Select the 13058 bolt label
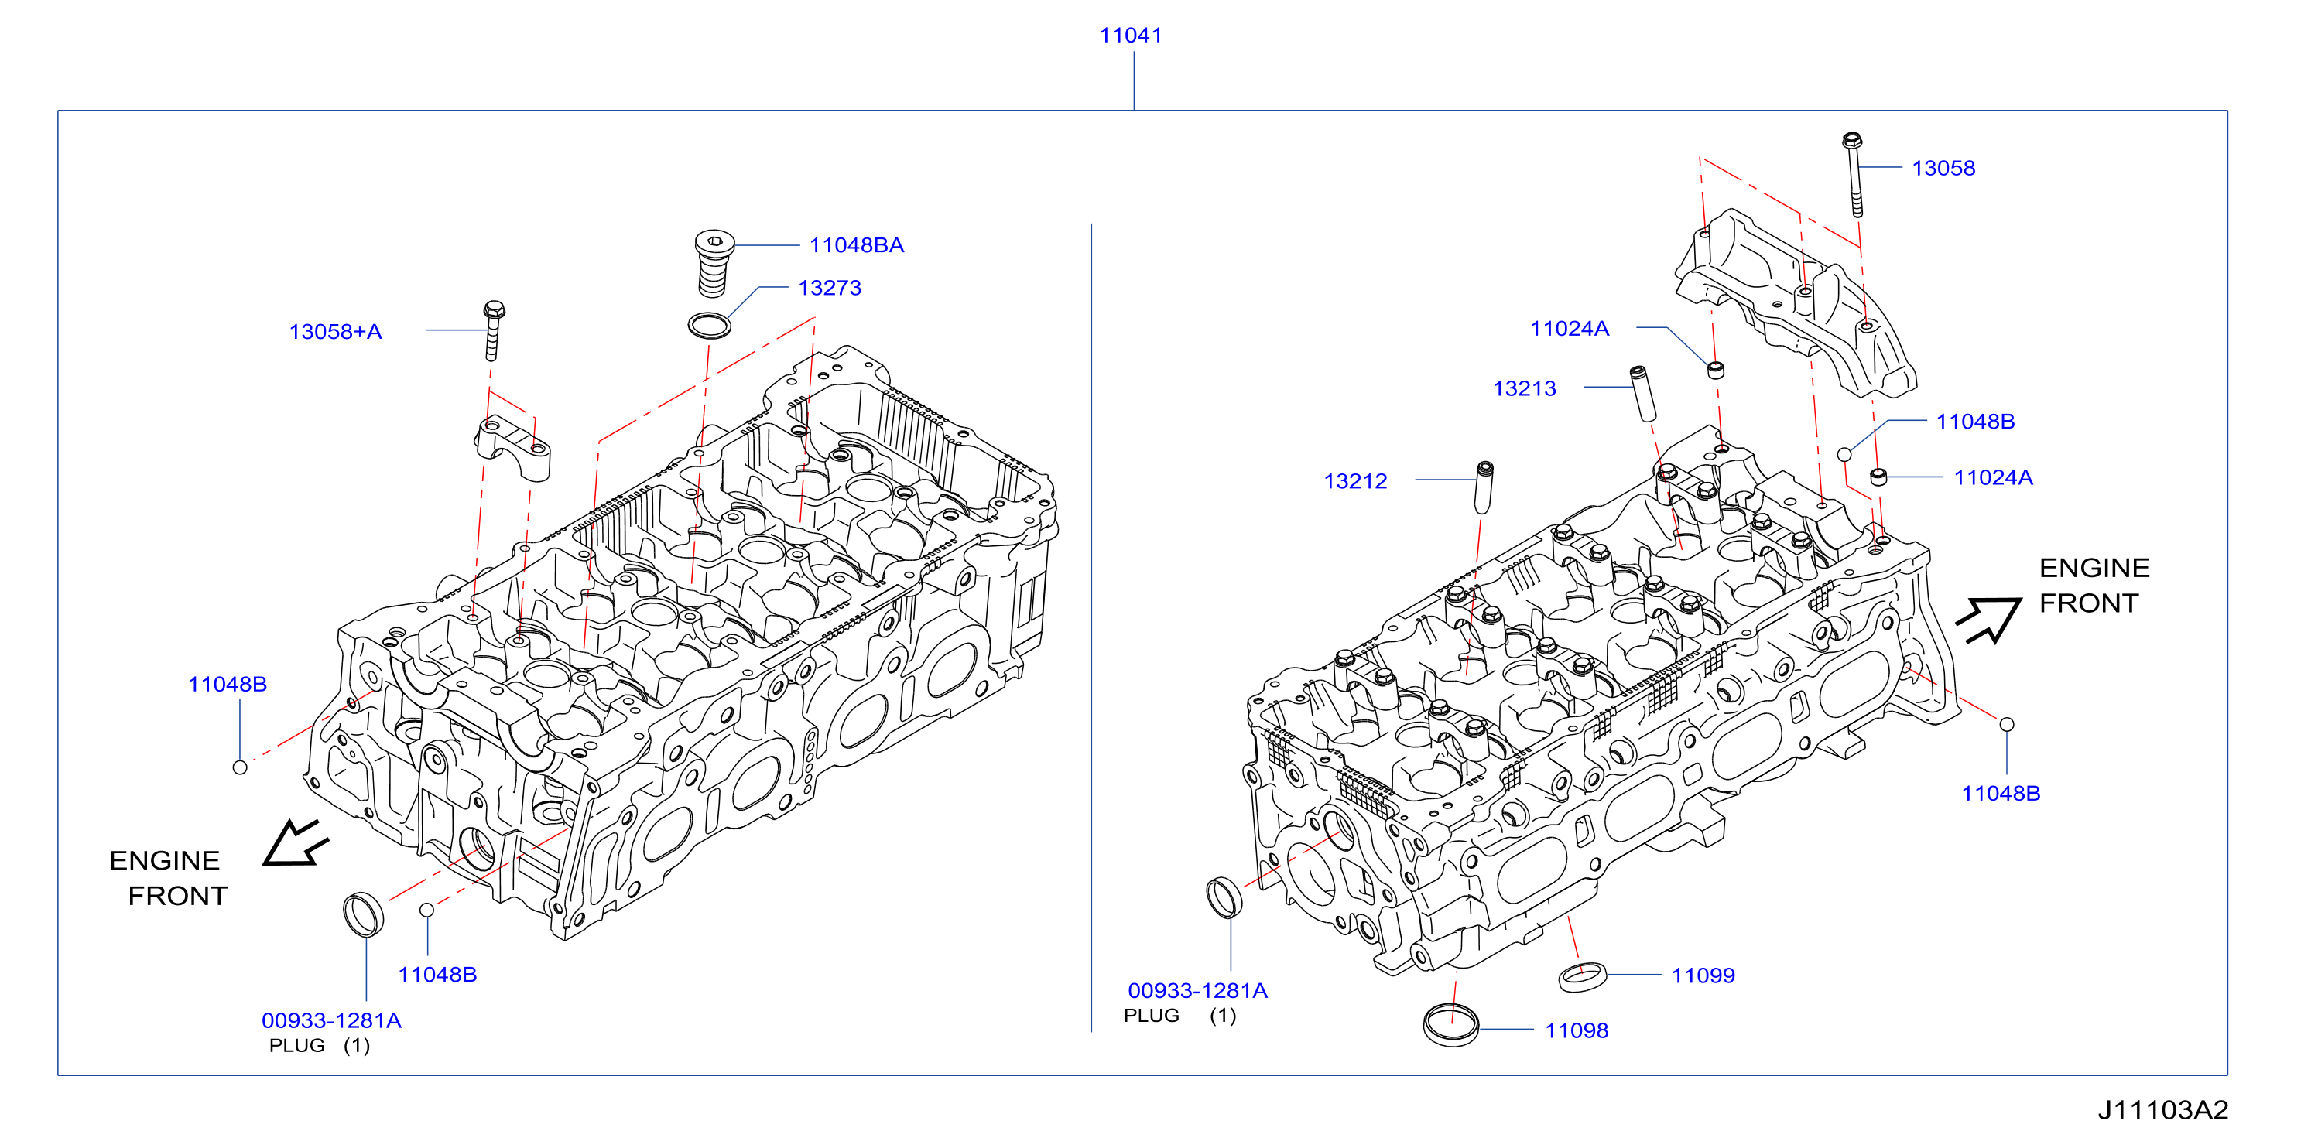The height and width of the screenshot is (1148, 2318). (x=1943, y=168)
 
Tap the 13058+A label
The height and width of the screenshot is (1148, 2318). (x=335, y=332)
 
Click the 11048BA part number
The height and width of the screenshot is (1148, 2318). (x=856, y=244)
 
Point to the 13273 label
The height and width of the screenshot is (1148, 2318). (x=830, y=288)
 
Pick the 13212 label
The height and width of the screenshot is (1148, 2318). (x=1355, y=481)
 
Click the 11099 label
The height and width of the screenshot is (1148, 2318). (x=1703, y=975)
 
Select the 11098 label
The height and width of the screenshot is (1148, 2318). (x=1577, y=1030)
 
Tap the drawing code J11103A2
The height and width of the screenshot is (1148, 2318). (x=2162, y=1109)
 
